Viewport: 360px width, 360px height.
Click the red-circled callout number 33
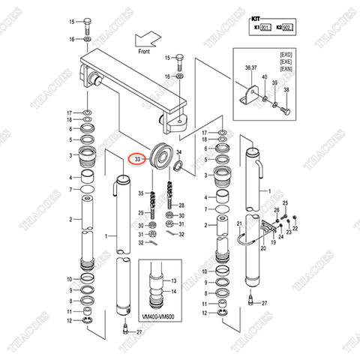136,159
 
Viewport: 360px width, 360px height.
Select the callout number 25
284,203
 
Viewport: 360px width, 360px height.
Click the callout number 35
140,193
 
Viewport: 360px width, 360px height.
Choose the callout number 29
140,213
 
